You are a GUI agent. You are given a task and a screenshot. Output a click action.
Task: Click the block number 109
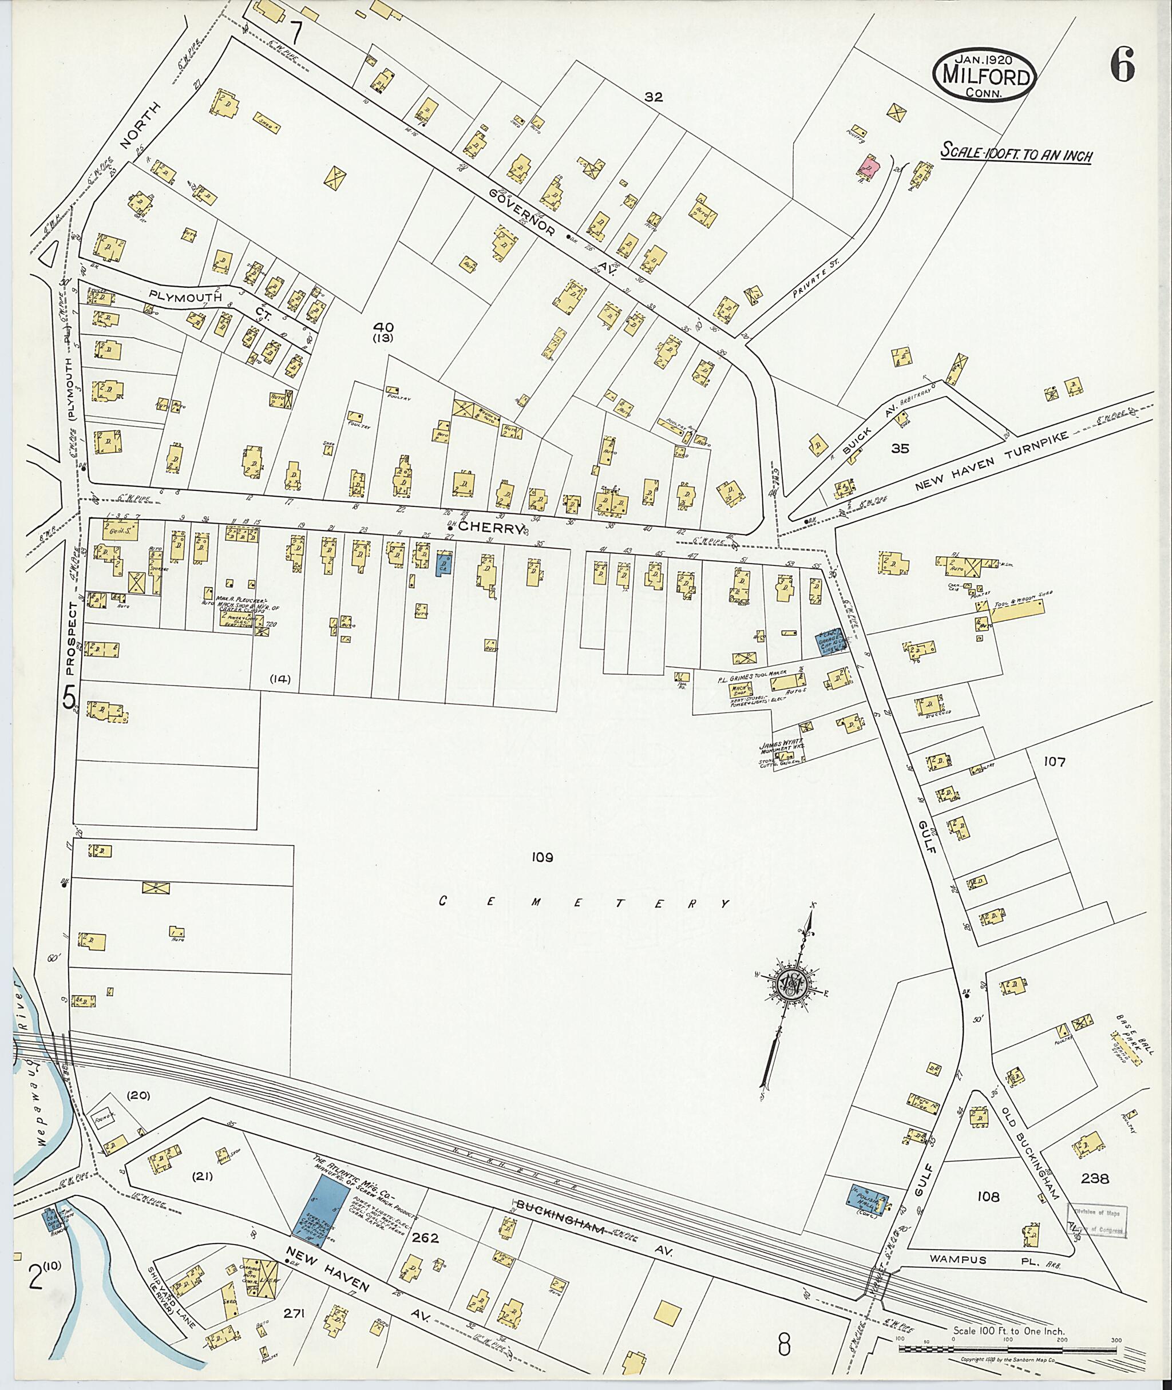541,857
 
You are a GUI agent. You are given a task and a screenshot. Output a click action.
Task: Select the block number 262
425,1238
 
